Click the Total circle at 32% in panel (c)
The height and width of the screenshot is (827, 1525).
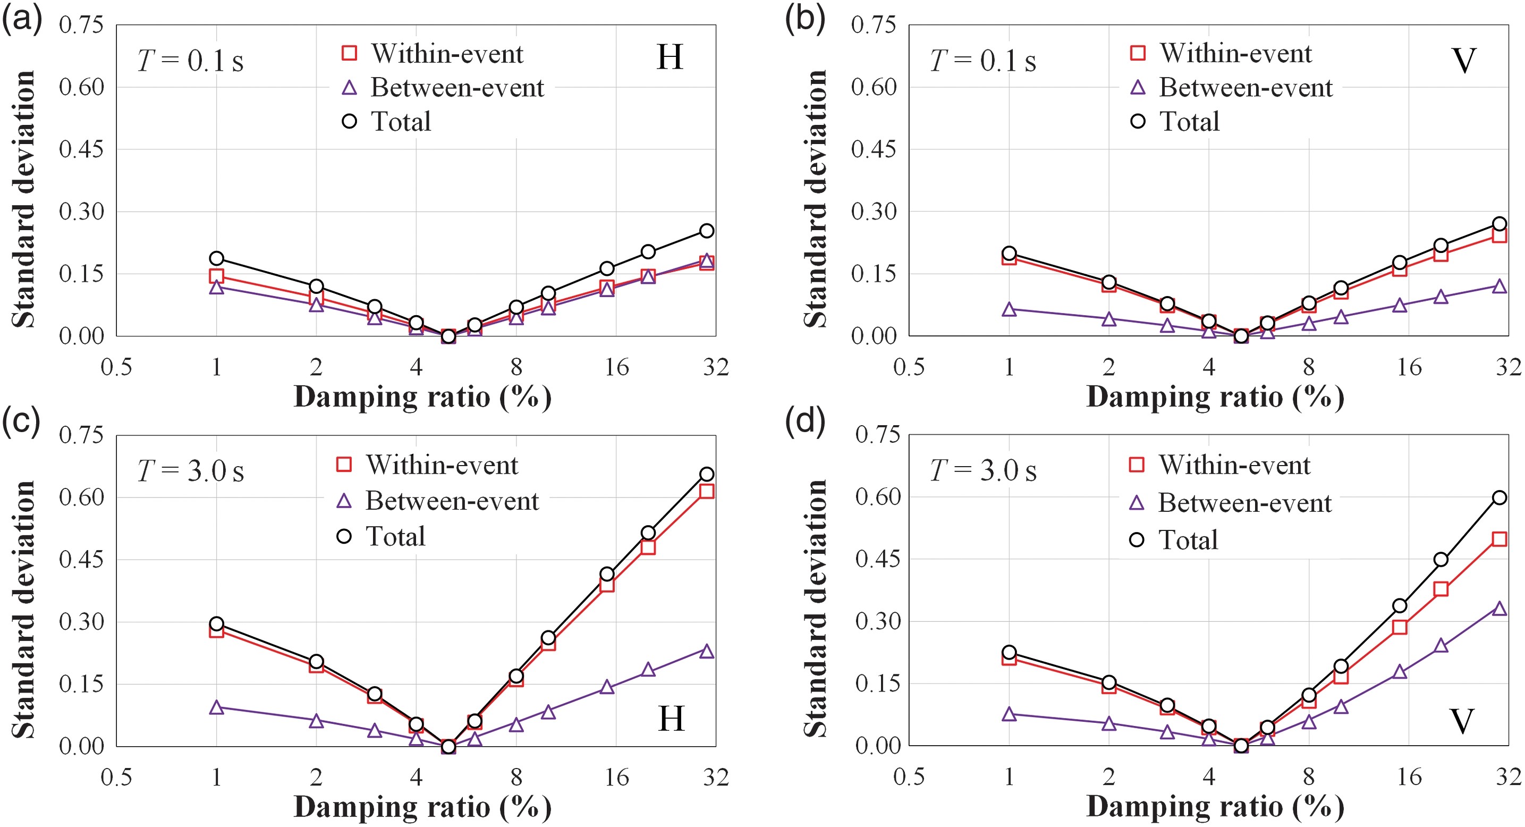[x=706, y=474]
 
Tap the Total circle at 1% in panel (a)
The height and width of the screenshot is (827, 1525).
[x=217, y=258]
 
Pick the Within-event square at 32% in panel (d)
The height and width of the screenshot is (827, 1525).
[x=1499, y=539]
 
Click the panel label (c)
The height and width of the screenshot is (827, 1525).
[x=21, y=421]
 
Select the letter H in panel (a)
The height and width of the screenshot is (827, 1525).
[x=670, y=57]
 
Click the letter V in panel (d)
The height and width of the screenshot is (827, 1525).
[x=1462, y=721]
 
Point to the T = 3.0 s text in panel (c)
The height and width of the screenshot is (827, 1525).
[x=191, y=472]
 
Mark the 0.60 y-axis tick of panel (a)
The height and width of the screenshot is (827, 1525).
[x=81, y=87]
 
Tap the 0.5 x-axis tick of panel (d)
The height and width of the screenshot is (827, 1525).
[x=909, y=777]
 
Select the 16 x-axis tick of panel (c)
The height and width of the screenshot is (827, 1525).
[x=616, y=777]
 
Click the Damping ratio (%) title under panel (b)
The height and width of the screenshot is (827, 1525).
[x=1215, y=396]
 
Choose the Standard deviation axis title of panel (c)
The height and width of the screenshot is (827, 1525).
[x=24, y=610]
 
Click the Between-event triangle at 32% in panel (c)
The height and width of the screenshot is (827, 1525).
[x=706, y=651]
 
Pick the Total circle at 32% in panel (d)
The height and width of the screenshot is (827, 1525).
[x=1499, y=498]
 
